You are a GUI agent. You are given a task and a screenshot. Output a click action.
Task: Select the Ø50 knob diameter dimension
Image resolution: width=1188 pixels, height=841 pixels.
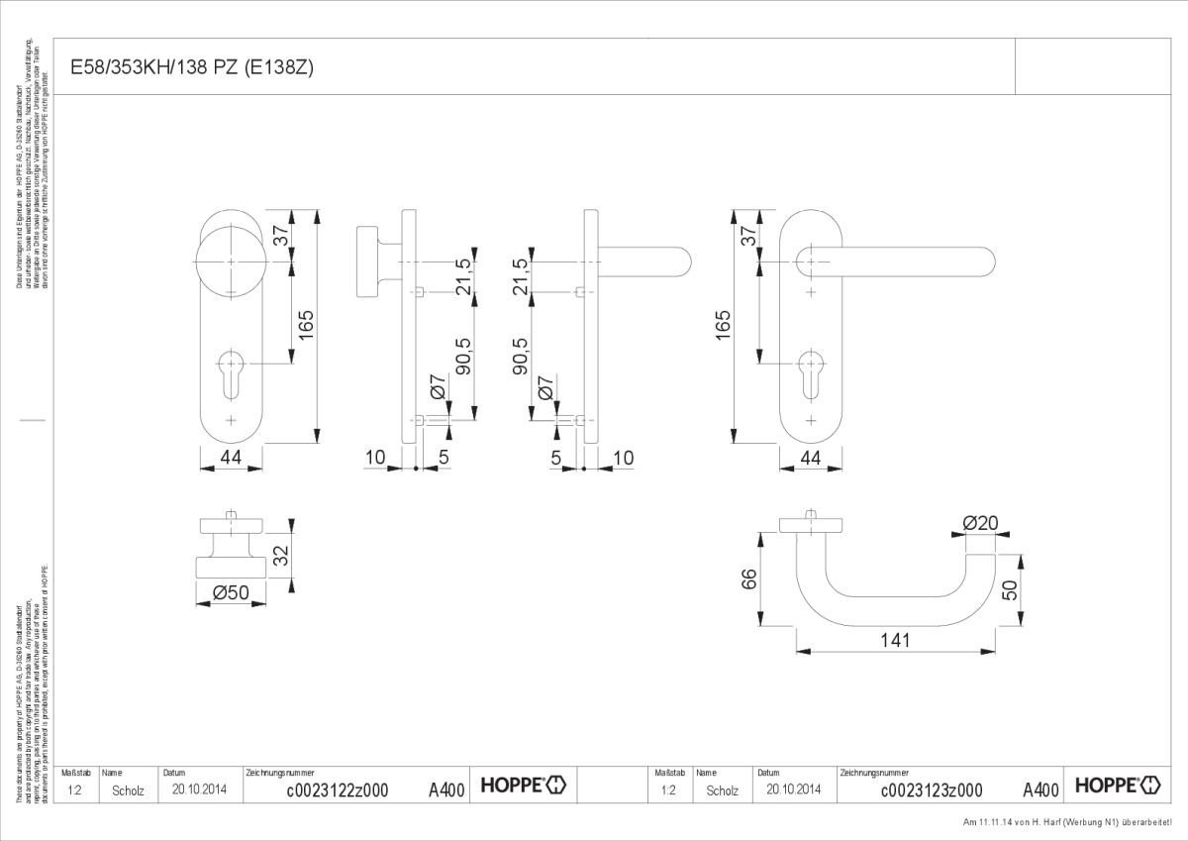pyautogui.click(x=231, y=592)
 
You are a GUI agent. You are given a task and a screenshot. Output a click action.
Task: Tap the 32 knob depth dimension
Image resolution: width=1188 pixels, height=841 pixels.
pyautogui.click(x=281, y=556)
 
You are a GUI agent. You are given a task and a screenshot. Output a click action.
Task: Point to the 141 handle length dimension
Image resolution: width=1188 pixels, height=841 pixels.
pyautogui.click(x=894, y=640)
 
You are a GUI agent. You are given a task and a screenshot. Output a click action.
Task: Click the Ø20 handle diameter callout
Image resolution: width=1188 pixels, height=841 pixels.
pyautogui.click(x=979, y=523)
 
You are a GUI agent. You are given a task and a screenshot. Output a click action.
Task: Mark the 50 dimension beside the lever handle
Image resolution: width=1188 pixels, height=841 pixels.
pyautogui.click(x=1010, y=590)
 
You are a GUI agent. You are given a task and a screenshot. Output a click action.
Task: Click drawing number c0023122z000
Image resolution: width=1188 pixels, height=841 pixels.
pyautogui.click(x=337, y=789)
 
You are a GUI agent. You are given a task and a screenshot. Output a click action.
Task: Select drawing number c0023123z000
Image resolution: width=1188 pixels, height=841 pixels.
pyautogui.click(x=931, y=789)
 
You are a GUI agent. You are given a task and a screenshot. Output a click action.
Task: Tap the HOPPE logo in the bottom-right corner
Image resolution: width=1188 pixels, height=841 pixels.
pyautogui.click(x=1118, y=786)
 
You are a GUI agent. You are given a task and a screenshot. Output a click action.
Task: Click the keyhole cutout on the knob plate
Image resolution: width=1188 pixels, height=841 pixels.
pyautogui.click(x=231, y=368)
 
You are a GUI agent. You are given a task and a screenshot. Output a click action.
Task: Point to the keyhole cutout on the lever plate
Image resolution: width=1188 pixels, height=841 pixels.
pyautogui.click(x=811, y=368)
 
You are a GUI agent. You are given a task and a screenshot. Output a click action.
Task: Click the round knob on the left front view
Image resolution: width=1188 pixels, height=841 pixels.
pyautogui.click(x=230, y=261)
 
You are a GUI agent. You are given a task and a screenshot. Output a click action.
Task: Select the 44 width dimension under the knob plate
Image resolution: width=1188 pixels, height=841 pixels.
pyautogui.click(x=230, y=458)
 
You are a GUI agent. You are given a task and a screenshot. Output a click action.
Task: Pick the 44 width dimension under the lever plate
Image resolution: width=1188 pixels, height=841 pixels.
pyautogui.click(x=811, y=458)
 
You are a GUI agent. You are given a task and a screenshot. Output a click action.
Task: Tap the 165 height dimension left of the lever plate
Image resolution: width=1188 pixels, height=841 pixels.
pyautogui.click(x=722, y=324)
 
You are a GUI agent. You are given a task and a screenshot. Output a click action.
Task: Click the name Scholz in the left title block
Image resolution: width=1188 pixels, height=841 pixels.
pyautogui.click(x=128, y=790)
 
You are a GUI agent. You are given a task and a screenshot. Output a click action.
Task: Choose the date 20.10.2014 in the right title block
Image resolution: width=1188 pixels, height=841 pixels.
pyautogui.click(x=793, y=789)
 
